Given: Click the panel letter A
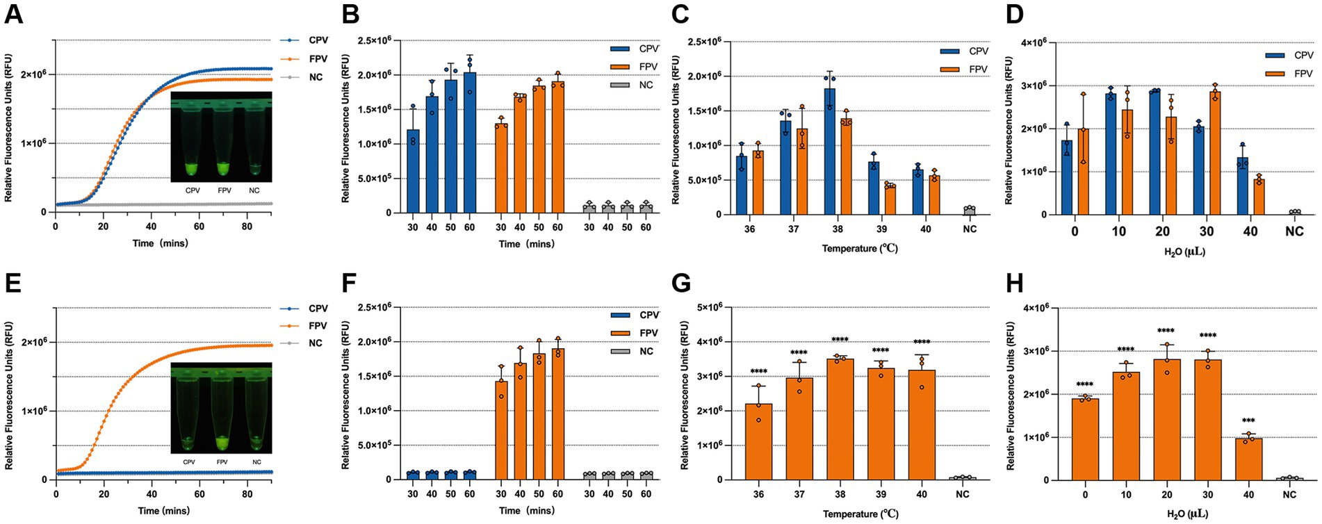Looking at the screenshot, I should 13,13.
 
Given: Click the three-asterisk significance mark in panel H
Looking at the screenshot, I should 1248,422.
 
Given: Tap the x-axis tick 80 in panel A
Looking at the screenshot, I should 246,227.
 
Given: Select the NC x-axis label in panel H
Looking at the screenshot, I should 1289,495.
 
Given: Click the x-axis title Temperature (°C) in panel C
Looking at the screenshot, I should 860,248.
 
